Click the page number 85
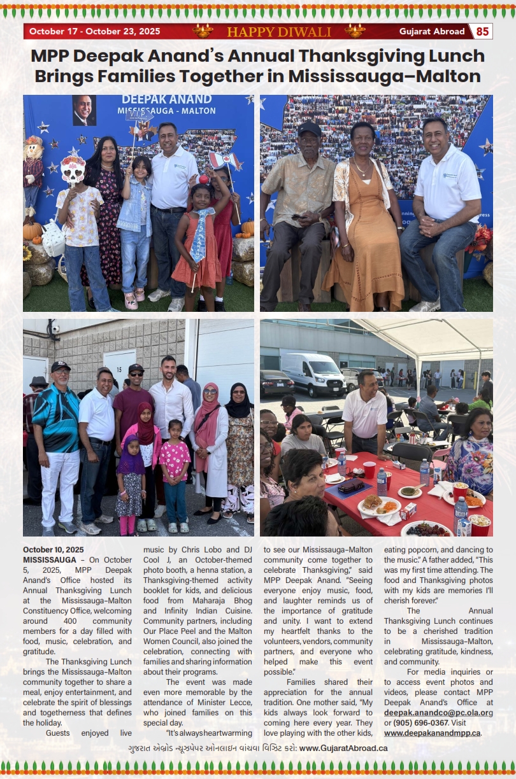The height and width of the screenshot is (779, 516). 482,31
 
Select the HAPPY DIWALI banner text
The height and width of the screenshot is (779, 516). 278,32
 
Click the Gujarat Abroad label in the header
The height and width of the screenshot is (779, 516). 431,31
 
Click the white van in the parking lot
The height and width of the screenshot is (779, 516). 313,374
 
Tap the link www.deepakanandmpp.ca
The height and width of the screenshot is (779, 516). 431,733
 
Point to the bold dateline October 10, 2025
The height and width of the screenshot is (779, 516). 53,549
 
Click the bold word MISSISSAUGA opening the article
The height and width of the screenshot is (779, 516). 50,559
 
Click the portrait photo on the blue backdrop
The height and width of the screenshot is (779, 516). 83,110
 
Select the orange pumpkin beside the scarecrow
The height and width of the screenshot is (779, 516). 32,230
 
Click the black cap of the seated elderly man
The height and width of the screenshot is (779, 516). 310,129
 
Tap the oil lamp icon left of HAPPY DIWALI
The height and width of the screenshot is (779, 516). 203,31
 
